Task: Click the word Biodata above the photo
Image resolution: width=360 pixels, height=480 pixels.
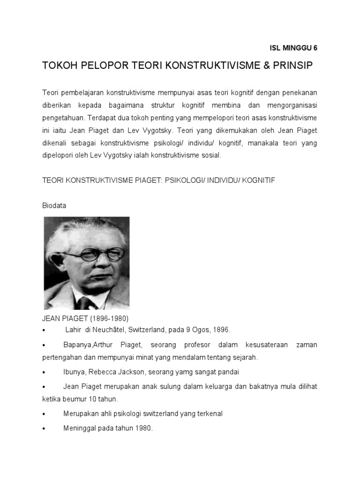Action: tap(53, 205)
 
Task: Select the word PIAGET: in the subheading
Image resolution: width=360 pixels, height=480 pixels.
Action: tap(145, 180)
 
